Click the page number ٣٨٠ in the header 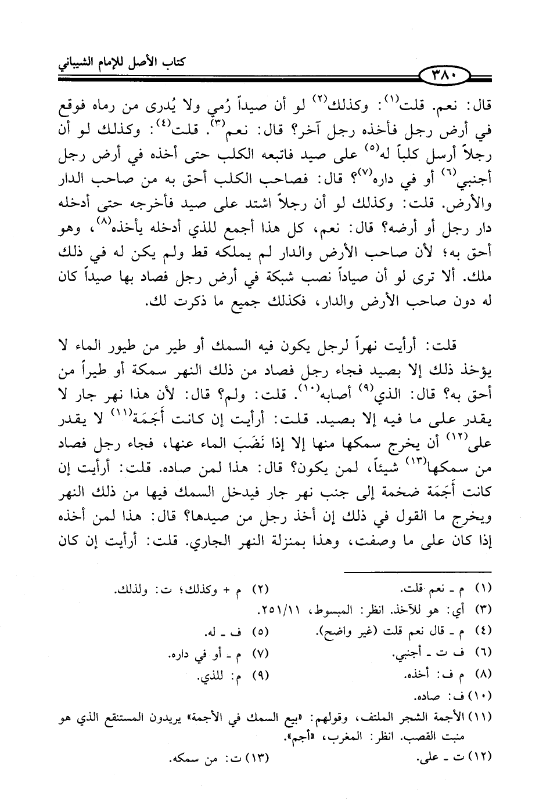pos(452,75)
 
